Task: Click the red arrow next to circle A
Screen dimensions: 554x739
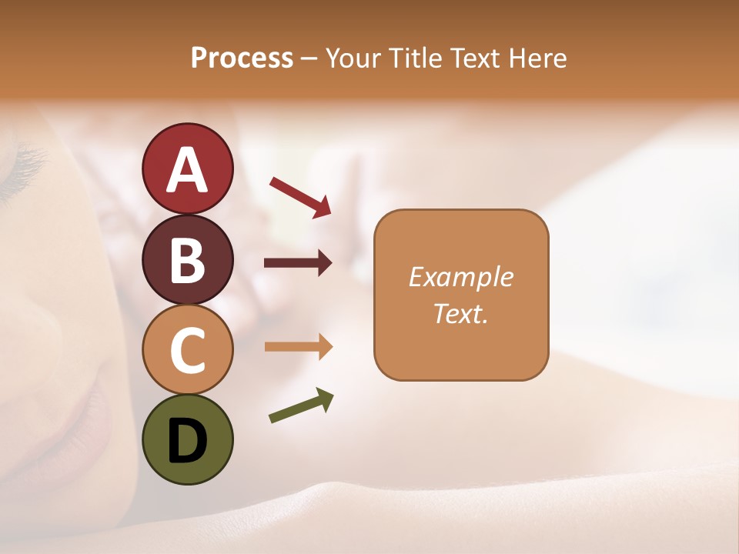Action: [300, 196]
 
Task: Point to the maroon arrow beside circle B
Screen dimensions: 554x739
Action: [298, 263]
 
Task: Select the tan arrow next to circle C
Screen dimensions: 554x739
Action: [298, 347]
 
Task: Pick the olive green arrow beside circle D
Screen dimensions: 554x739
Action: [301, 406]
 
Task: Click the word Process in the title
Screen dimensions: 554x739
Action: [242, 58]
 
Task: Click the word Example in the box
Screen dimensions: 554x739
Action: [461, 277]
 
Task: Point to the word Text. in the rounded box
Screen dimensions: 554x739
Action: [461, 314]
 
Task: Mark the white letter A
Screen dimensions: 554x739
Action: [187, 170]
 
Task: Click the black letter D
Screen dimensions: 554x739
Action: [187, 442]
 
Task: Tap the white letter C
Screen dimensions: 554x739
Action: [187, 351]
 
